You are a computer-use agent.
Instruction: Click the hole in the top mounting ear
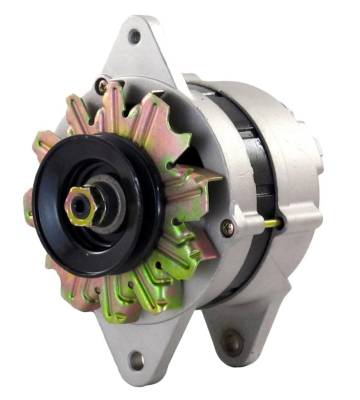point(134,37)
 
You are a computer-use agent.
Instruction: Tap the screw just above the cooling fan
point(102,85)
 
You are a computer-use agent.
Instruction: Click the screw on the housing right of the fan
point(228,228)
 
